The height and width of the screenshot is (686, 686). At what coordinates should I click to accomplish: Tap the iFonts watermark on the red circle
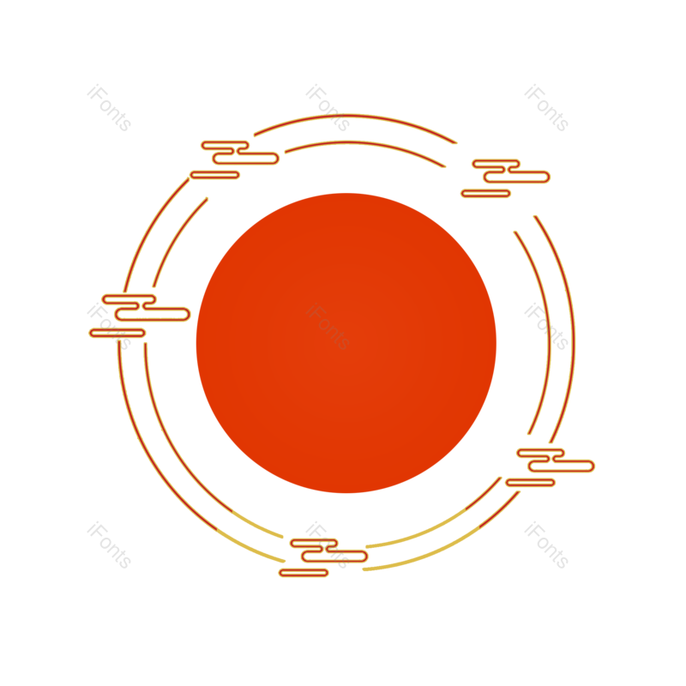click(x=328, y=328)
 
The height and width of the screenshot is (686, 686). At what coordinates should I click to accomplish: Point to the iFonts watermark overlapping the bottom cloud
click(x=328, y=545)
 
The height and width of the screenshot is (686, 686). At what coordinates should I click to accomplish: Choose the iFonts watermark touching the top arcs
click(x=328, y=108)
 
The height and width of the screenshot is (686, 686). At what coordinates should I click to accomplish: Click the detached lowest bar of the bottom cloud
click(x=304, y=572)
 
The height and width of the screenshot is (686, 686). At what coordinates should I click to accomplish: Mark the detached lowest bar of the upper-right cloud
click(x=485, y=193)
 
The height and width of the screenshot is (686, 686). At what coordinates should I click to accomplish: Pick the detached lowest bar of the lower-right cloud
click(x=530, y=482)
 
